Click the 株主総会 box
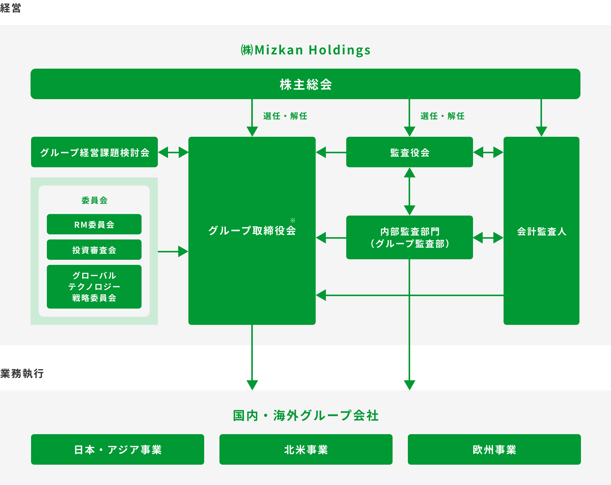pos(305,84)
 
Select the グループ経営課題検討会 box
pos(94,152)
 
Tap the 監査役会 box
pos(410,152)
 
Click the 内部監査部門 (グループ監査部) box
pos(410,237)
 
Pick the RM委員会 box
pos(94,224)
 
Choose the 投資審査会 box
pos(94,250)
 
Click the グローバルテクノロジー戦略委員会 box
pos(94,287)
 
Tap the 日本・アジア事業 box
pos(118,449)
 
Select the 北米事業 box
pos(306,449)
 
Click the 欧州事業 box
pos(494,449)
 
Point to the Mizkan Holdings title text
pos(306,50)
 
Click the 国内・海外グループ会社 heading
pos(306,415)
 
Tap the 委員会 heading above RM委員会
pos(94,200)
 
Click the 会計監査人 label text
pos(541,232)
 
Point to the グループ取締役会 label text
pos(252,230)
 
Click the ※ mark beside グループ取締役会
pos(293,220)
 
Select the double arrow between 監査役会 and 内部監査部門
pos(410,191)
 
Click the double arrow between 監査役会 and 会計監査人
pos(488,152)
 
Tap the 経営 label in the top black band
pos(10,8)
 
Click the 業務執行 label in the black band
pos(22,373)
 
